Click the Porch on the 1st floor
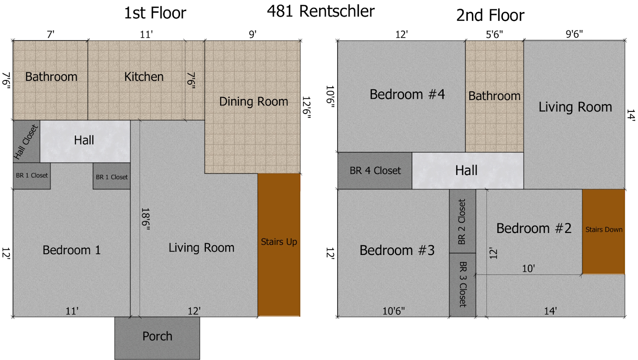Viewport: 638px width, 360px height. (x=157, y=338)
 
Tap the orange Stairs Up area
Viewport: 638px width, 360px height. (x=279, y=245)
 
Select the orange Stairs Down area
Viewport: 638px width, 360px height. (x=604, y=232)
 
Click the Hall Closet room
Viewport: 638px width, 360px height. (x=27, y=141)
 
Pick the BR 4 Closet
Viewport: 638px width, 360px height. (x=375, y=171)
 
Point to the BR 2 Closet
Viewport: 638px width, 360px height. (x=463, y=221)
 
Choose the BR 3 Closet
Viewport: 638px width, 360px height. (x=463, y=285)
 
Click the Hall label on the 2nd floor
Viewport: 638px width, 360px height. (x=466, y=170)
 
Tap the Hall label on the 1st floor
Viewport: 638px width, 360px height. (x=84, y=140)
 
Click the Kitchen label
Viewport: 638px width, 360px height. (x=144, y=77)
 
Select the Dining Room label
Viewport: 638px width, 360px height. (x=253, y=102)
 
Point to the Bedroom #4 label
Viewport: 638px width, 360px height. (x=407, y=94)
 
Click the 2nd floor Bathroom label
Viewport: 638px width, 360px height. (x=494, y=96)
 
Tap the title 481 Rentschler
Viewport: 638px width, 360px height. (x=321, y=11)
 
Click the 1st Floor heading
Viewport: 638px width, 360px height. (x=155, y=13)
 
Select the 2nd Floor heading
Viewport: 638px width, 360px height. (x=490, y=15)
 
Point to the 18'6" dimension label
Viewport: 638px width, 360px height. (x=146, y=219)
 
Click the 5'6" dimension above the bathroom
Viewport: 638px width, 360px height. (x=494, y=34)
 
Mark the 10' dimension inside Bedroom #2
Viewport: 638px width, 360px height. (x=528, y=269)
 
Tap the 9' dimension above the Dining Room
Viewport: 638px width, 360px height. (x=252, y=34)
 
